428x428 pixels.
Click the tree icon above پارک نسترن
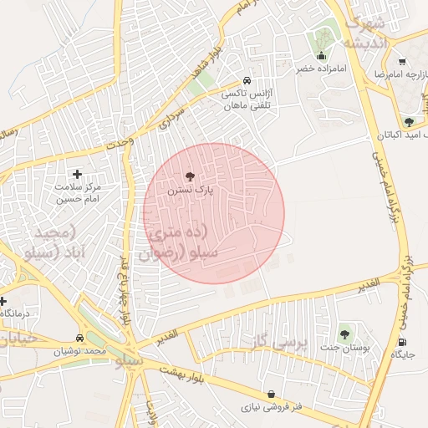[189, 176]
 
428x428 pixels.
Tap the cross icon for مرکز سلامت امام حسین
[78, 174]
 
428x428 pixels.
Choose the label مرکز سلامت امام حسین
[78, 194]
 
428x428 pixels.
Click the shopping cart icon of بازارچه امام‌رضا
[402, 62]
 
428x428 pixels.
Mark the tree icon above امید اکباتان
[409, 122]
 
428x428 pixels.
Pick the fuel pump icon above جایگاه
[403, 341]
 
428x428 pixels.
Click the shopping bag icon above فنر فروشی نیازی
[271, 394]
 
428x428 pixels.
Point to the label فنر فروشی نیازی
[271, 408]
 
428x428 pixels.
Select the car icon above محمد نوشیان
[79, 339]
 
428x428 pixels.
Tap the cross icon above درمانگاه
[3, 301]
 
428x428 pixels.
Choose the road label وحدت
[119, 143]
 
